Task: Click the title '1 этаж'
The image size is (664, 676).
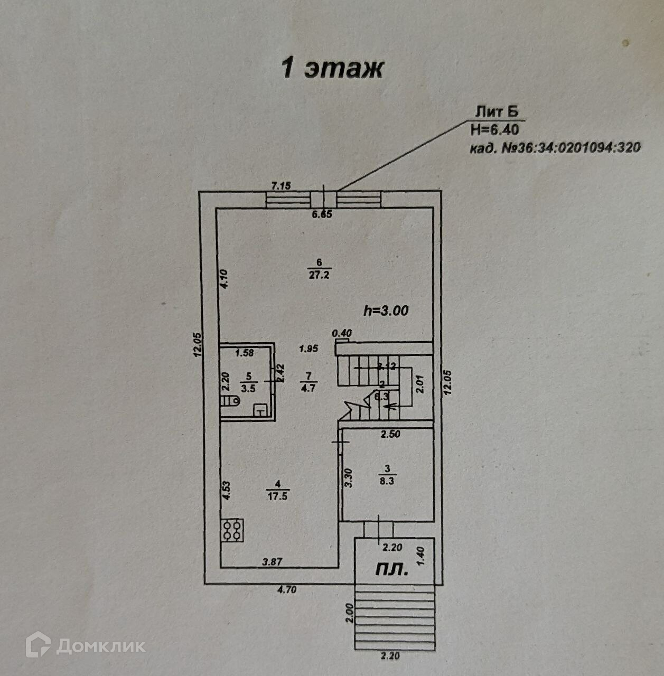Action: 332,68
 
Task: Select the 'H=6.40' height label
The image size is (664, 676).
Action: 494,129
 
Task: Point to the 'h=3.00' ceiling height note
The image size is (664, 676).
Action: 386,311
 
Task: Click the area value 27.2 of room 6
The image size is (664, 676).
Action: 319,275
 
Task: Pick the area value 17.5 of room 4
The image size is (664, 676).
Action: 278,496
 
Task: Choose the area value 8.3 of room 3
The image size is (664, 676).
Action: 387,481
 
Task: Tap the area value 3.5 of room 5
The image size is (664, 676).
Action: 248,388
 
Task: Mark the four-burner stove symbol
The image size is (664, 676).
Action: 233,530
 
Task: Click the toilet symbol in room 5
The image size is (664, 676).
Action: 231,401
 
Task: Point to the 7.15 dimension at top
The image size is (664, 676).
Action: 282,185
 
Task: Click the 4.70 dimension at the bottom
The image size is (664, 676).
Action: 286,590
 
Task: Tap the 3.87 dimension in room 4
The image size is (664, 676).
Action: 272,562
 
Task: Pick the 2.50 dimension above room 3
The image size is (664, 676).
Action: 391,435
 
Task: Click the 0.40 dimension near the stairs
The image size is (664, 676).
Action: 342,333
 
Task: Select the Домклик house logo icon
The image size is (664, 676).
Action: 38,644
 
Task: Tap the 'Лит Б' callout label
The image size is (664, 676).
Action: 496,112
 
